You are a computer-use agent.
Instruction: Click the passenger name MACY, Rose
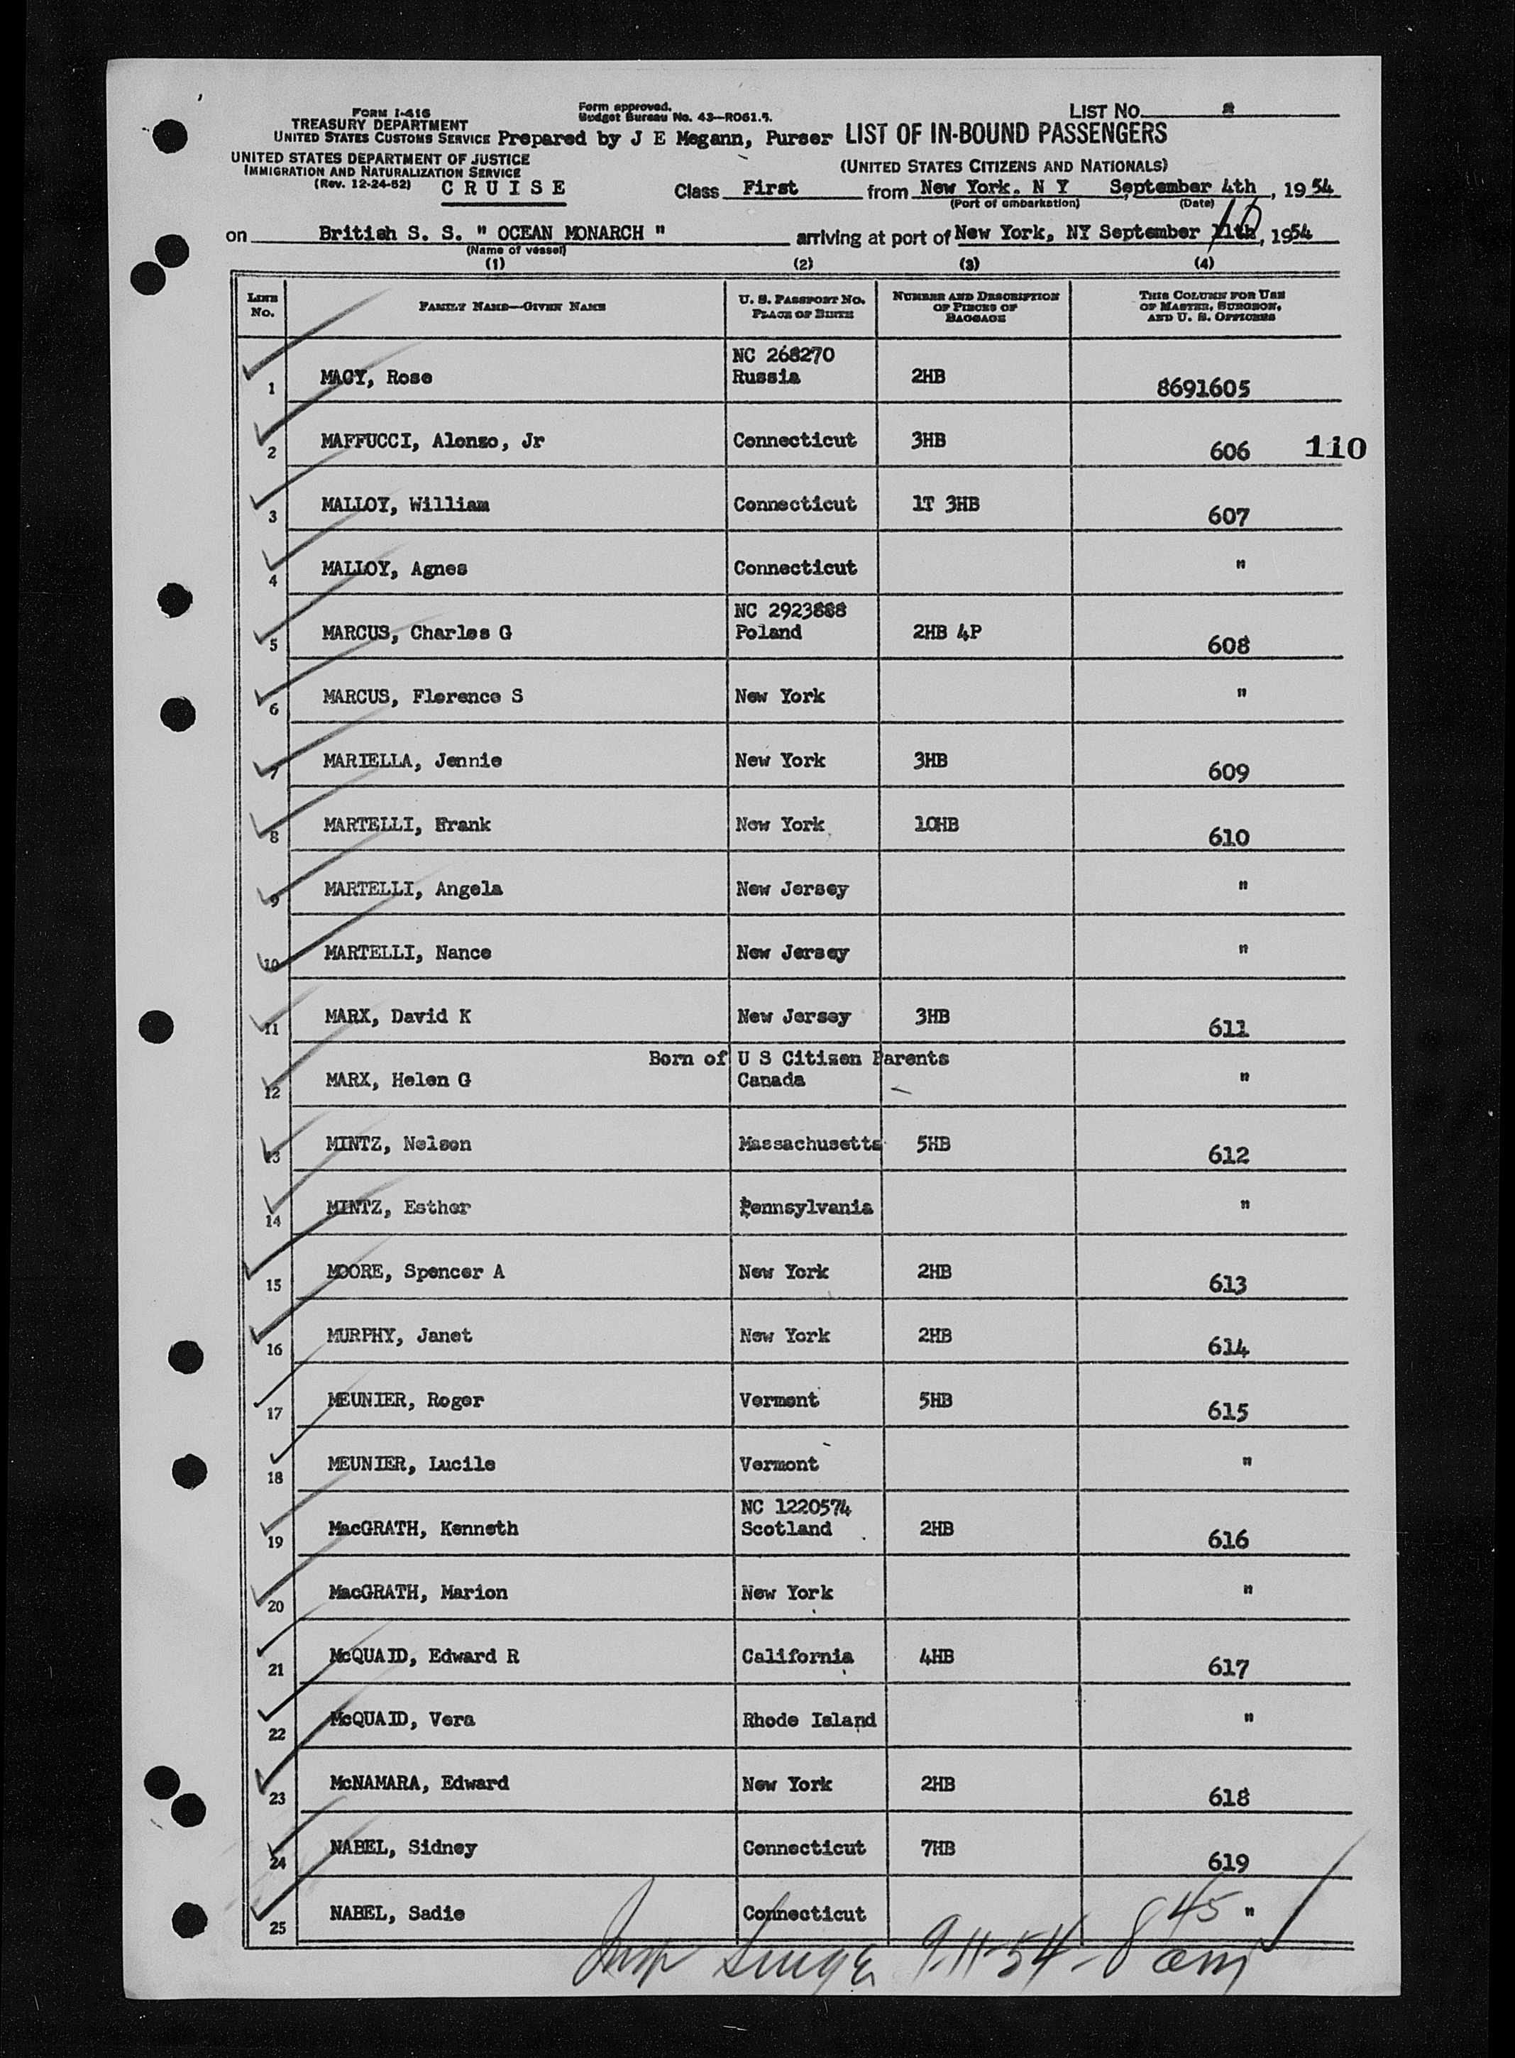[x=376, y=378]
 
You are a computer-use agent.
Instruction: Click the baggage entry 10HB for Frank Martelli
[x=935, y=825]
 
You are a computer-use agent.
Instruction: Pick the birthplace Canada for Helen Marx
[x=771, y=1080]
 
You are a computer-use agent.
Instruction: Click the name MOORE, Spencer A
[x=415, y=1272]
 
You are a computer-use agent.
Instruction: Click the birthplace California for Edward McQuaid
[x=796, y=1656]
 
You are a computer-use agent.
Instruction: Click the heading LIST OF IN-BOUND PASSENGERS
[x=1006, y=134]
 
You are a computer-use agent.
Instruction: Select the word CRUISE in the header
[x=502, y=188]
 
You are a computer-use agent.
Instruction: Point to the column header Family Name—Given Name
[x=512, y=307]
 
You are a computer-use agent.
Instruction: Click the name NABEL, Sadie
[x=396, y=1913]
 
